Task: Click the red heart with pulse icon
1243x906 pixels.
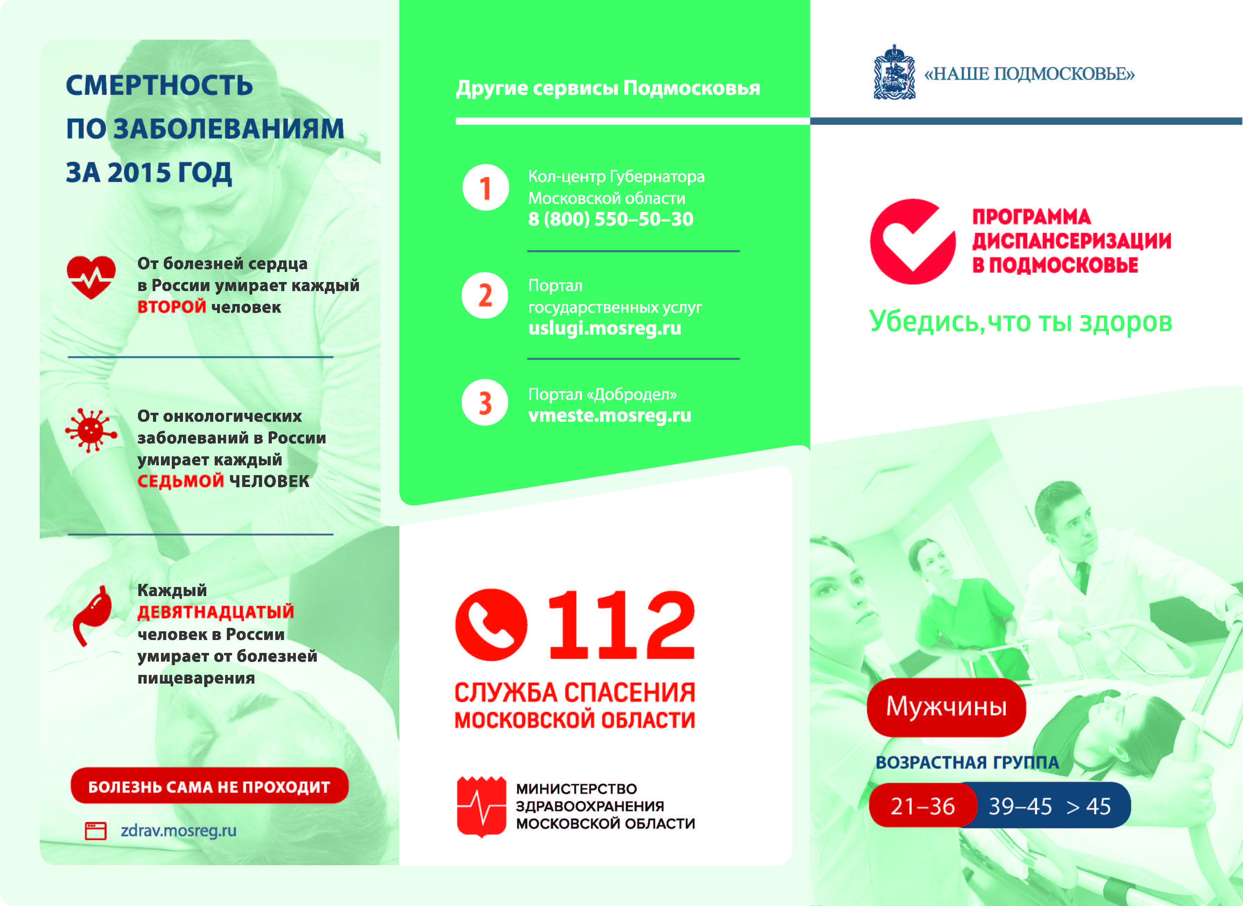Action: (x=91, y=277)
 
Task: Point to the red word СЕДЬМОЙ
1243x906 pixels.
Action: (x=181, y=481)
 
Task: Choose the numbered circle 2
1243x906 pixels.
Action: (x=485, y=296)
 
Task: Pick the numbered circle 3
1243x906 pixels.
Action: (x=485, y=403)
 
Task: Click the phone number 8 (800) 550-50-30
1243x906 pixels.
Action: (x=610, y=219)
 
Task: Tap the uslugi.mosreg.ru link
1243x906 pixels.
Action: (x=604, y=328)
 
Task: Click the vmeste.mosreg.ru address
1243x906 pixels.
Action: (x=609, y=416)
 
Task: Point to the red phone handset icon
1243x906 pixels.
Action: (x=491, y=625)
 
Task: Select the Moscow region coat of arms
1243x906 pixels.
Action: (x=894, y=73)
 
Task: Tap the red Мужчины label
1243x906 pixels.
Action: (x=946, y=706)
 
